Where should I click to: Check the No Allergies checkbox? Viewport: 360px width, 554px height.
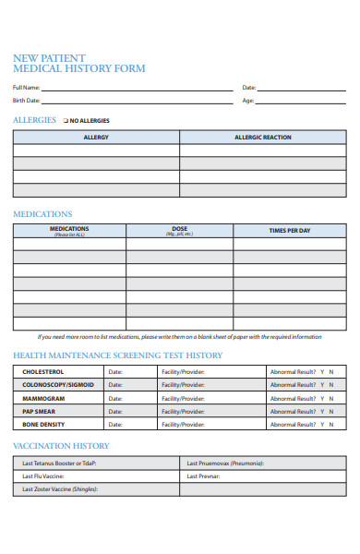(x=66, y=121)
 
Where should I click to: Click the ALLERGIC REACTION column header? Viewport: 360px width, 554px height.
(x=263, y=138)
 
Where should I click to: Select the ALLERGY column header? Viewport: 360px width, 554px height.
(x=96, y=138)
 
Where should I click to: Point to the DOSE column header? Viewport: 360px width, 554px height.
(x=179, y=231)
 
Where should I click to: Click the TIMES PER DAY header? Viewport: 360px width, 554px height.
(x=290, y=231)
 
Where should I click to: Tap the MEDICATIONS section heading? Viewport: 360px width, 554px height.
(x=42, y=213)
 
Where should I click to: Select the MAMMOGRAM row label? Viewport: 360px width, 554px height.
(x=43, y=398)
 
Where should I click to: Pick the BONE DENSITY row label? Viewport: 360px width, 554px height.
(x=43, y=425)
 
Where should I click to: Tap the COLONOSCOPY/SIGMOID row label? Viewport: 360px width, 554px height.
(x=57, y=385)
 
